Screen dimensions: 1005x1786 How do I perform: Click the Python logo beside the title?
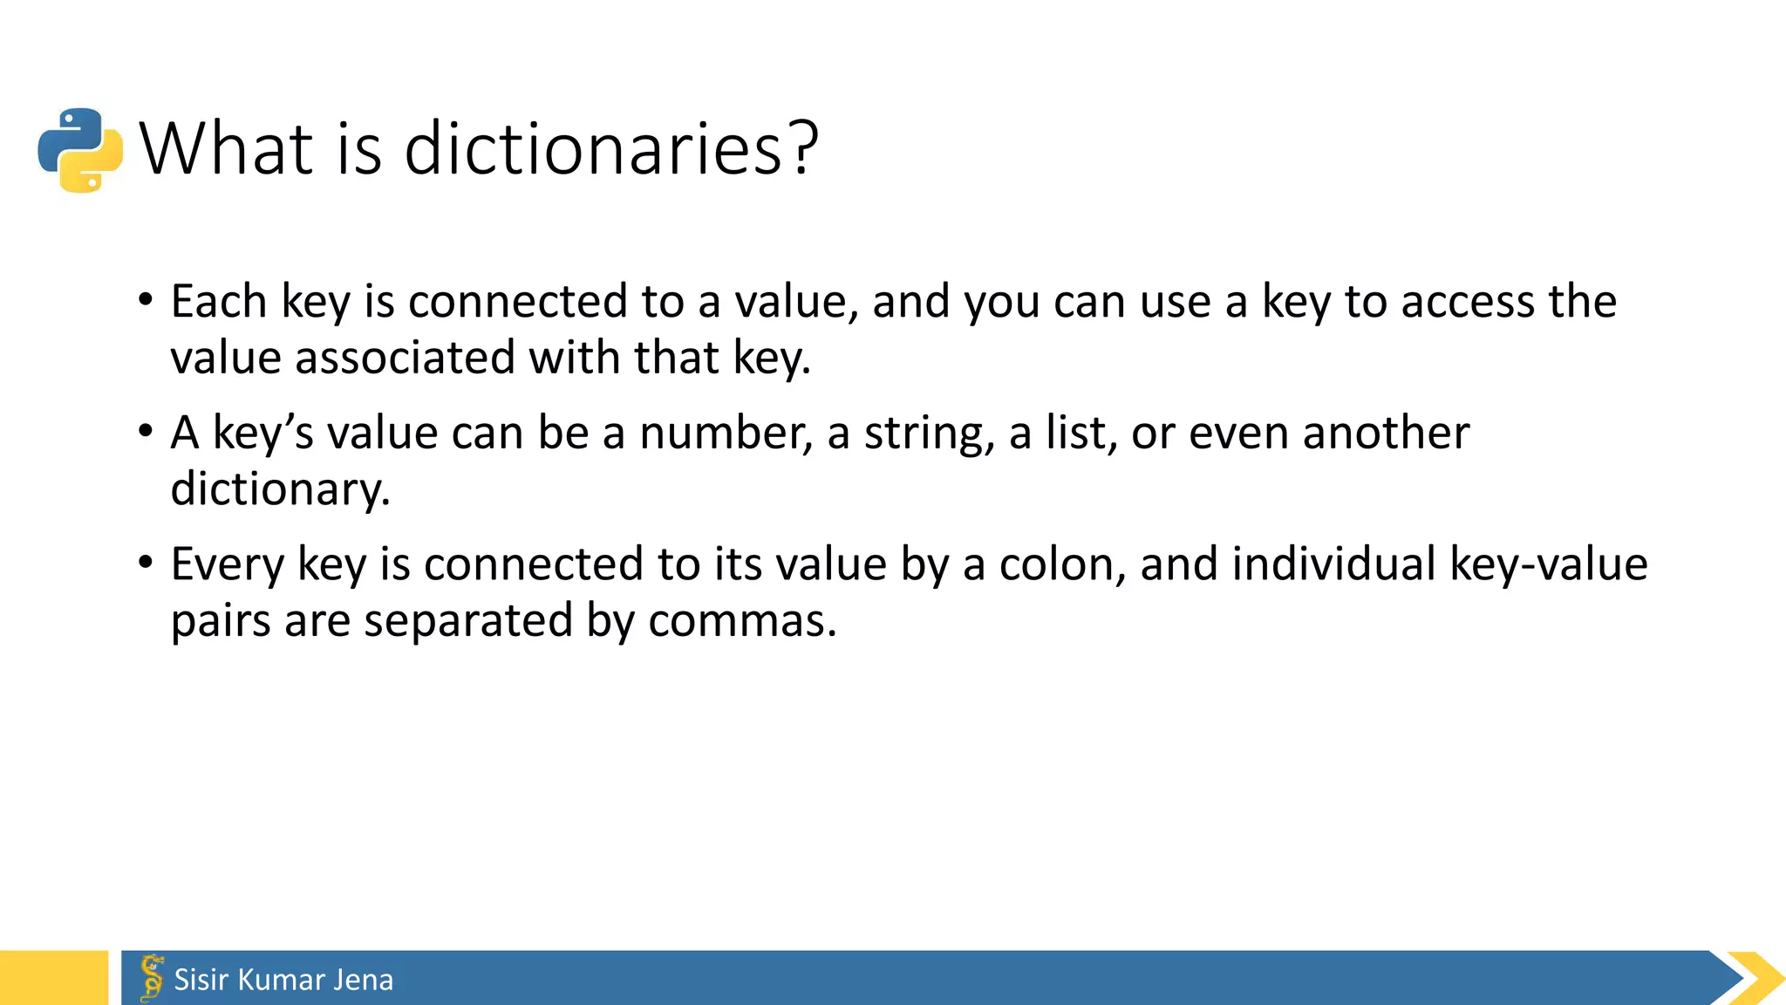point(80,150)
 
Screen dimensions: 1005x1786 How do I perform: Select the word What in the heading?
point(226,148)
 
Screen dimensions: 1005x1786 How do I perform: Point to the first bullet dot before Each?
point(146,300)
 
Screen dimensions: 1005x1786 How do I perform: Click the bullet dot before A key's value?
point(146,432)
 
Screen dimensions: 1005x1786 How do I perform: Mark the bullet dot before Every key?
point(146,563)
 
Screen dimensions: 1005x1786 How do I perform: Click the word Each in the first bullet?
point(218,302)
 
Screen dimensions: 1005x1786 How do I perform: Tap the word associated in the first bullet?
point(406,358)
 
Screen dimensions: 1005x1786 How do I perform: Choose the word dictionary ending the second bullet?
point(279,489)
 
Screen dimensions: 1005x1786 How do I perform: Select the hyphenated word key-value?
point(1548,564)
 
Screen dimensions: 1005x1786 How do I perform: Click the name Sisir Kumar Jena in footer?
point(283,980)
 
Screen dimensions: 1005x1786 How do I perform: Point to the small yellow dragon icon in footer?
point(152,977)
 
